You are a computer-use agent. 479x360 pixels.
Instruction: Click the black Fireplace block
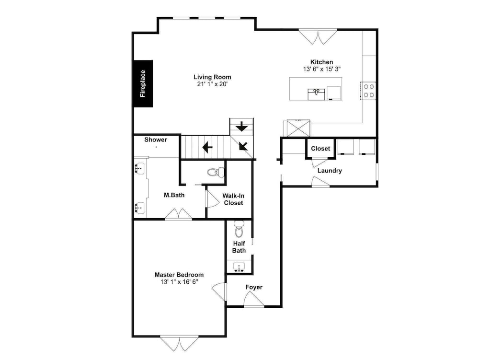click(x=143, y=84)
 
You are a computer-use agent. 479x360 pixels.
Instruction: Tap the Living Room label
click(x=212, y=77)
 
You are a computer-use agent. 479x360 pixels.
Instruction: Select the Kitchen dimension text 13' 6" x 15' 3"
click(x=322, y=69)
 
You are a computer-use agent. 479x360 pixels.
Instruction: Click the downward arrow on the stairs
click(x=241, y=126)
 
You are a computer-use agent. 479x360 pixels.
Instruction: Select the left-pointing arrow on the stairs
click(x=207, y=147)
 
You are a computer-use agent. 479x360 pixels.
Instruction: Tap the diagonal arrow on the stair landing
click(x=243, y=146)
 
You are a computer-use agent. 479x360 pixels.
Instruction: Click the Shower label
click(x=156, y=139)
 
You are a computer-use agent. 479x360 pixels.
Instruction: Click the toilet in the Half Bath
click(x=239, y=229)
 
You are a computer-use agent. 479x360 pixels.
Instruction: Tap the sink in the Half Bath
click(x=239, y=267)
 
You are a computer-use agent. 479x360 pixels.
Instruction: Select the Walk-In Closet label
click(x=233, y=199)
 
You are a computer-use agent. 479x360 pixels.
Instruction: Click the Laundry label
click(x=330, y=171)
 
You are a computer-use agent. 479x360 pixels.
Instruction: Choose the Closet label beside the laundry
click(x=320, y=149)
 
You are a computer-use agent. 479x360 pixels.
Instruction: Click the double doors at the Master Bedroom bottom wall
click(x=180, y=344)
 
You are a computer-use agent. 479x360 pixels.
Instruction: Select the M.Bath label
click(x=174, y=195)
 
